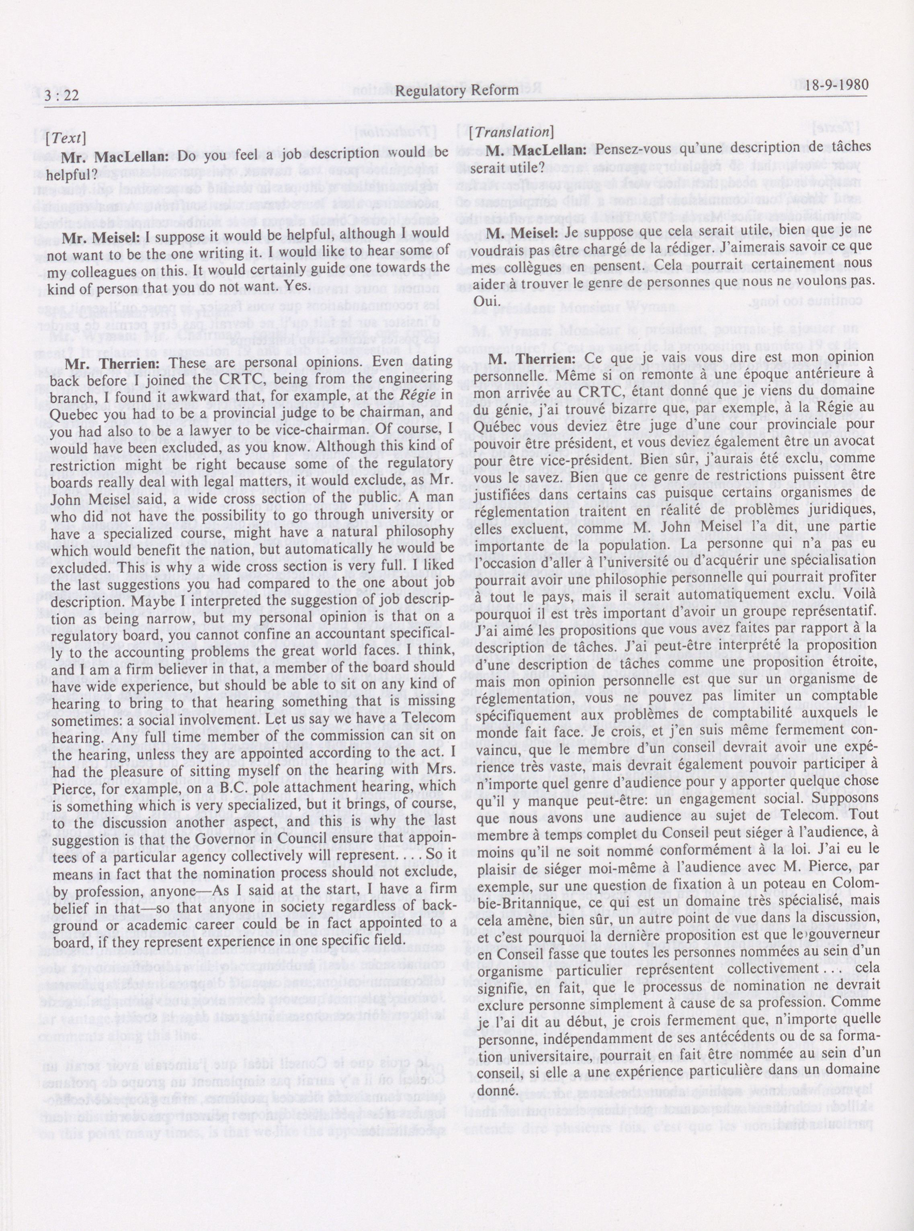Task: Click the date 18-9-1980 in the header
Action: (x=836, y=85)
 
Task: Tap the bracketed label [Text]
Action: (x=68, y=137)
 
